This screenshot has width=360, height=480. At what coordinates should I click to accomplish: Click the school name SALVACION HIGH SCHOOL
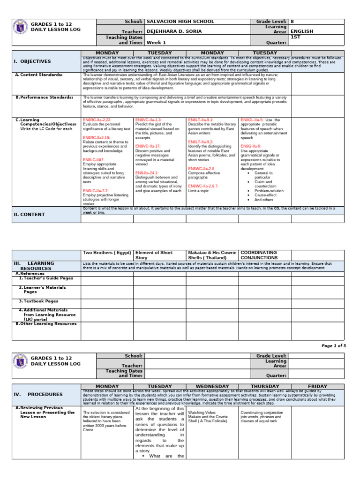180,22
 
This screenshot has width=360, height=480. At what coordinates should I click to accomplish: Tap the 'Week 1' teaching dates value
156,42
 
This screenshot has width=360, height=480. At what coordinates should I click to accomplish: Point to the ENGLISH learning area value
302,31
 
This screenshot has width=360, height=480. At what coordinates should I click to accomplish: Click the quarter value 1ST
295,37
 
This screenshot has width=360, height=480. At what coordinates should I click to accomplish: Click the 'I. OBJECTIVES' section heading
32,61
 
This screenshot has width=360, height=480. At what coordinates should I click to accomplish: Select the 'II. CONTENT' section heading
29,214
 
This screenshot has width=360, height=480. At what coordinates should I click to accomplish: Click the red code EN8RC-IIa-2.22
97,120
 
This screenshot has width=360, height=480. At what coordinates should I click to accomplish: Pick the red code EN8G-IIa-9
251,146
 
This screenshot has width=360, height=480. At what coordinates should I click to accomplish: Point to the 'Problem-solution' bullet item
269,191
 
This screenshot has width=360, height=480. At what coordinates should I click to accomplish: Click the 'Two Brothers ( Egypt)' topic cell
107,253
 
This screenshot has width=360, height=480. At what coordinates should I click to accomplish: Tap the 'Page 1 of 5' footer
333,345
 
